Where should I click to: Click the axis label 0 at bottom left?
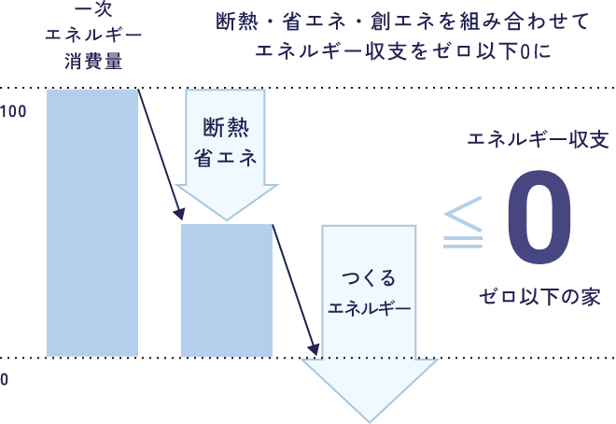tap(5, 380)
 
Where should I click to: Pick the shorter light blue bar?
tap(226, 290)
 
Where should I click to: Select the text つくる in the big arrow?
tap(369, 277)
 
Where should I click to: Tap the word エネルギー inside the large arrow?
tap(369, 307)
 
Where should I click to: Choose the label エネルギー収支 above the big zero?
tap(538, 142)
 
